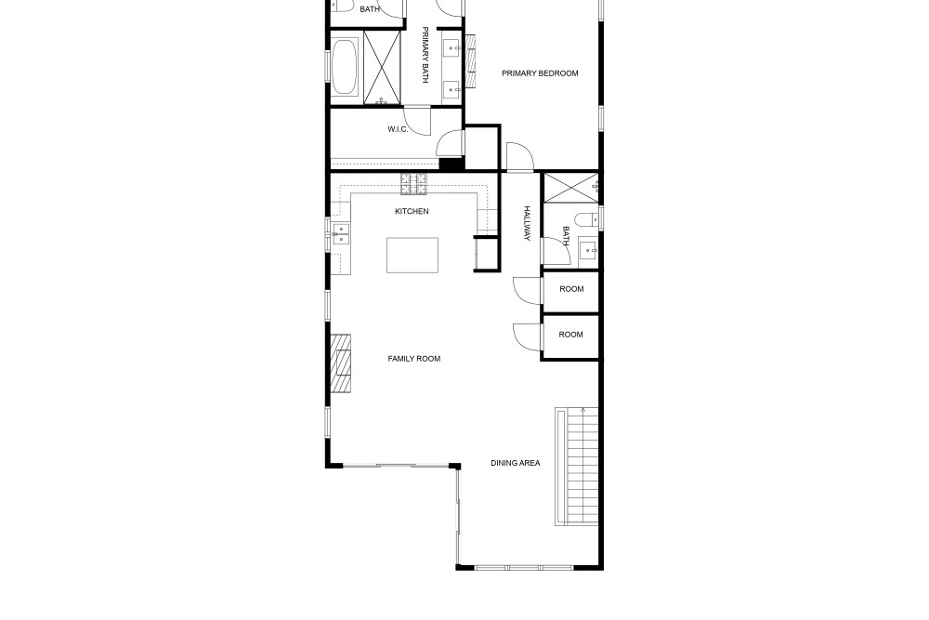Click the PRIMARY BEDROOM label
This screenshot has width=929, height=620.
(540, 73)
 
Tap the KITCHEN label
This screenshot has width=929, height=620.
(412, 211)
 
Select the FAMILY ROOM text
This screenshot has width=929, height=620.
(414, 359)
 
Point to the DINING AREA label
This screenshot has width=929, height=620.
(516, 463)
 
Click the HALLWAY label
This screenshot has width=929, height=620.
(527, 223)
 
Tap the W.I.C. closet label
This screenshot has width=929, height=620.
(398, 129)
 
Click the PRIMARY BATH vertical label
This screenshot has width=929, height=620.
(425, 55)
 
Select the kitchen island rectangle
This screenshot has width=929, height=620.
(412, 255)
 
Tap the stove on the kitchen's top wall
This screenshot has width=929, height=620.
(413, 184)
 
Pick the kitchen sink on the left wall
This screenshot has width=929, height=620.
(341, 233)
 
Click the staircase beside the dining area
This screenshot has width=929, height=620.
(577, 467)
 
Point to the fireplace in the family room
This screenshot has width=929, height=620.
(341, 363)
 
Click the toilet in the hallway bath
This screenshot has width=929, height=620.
(587, 219)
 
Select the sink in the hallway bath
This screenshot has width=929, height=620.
(588, 251)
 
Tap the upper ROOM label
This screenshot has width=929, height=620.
(571, 289)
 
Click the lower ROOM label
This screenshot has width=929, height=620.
(570, 335)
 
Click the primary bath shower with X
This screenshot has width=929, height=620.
(382, 68)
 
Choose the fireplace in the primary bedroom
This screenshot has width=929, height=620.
(471, 61)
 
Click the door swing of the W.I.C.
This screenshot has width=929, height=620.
(418, 121)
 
